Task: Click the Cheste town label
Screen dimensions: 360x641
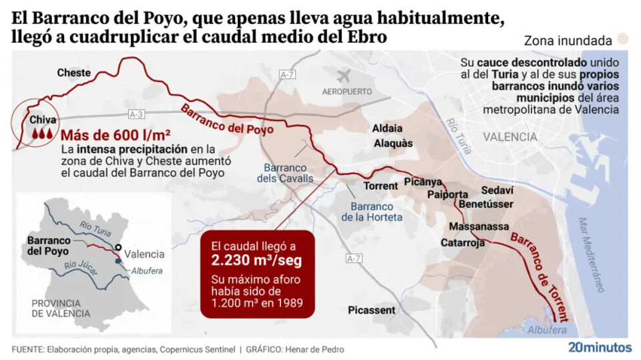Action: [74, 72]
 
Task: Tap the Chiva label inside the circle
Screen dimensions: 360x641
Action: [43, 120]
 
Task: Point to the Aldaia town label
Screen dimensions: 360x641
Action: [387, 128]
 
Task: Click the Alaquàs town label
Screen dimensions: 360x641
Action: [393, 143]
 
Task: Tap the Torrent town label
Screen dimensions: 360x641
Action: [380, 186]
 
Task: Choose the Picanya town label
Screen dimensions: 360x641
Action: [423, 182]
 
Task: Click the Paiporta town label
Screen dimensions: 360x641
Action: [447, 194]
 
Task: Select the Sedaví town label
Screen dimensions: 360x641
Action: [497, 189]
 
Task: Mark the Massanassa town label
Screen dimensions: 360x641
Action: [479, 227]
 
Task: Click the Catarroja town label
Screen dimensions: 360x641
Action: [462, 242]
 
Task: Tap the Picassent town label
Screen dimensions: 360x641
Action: [371, 310]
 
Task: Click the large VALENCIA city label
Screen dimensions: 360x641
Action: [509, 137]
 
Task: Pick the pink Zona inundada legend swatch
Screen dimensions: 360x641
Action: [624, 39]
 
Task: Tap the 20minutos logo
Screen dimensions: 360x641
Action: [600, 347]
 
